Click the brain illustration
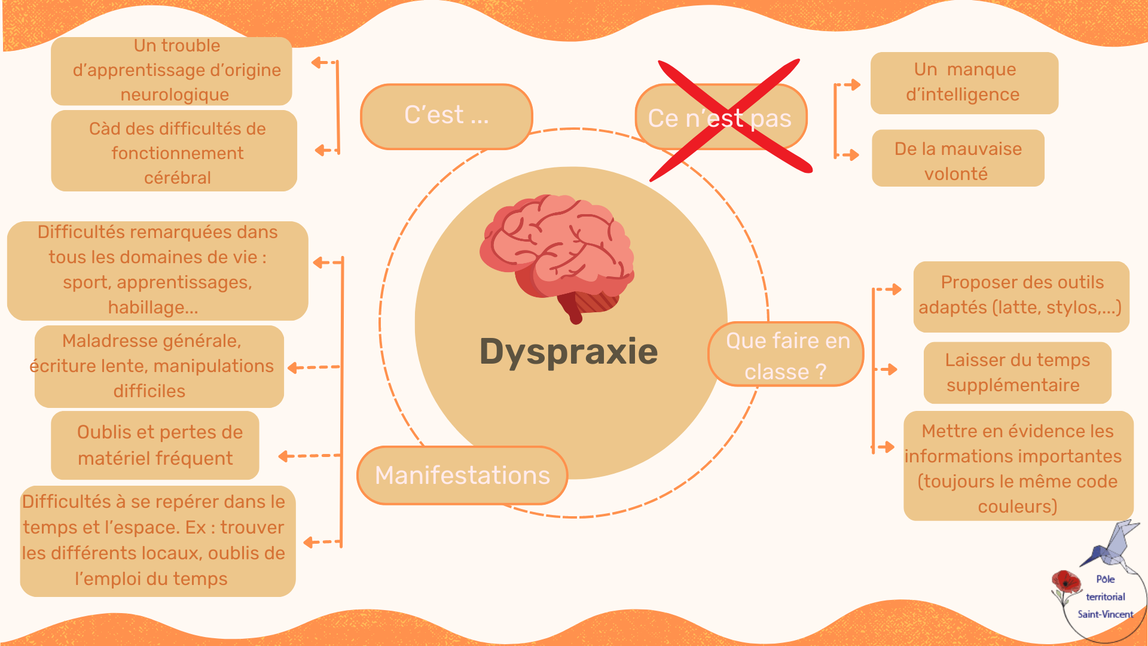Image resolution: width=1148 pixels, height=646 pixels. pos(556,254)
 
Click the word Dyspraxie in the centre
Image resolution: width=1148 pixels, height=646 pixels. pos(569,351)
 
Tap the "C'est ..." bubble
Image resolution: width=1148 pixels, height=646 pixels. pos(446,116)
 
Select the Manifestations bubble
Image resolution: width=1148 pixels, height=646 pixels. pos(462,476)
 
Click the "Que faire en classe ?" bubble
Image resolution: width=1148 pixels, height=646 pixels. pos(786,355)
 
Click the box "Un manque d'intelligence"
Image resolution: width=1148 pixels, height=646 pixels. pos(964,83)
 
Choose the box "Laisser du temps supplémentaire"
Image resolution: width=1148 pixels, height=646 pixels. pos(1017,373)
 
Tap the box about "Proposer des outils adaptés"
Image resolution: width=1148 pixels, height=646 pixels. pos(1021,296)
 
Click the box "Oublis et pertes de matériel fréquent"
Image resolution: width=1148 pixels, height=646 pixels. pos(155,445)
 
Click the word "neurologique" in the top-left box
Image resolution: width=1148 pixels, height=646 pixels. pos(175,95)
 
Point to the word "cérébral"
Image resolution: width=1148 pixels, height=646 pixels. pos(178,178)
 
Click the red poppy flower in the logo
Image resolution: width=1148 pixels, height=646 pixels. pos(1065,582)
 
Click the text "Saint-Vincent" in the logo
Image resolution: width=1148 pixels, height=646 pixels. pos(1105,614)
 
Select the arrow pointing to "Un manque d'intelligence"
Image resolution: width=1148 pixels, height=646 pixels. pos(851,85)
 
